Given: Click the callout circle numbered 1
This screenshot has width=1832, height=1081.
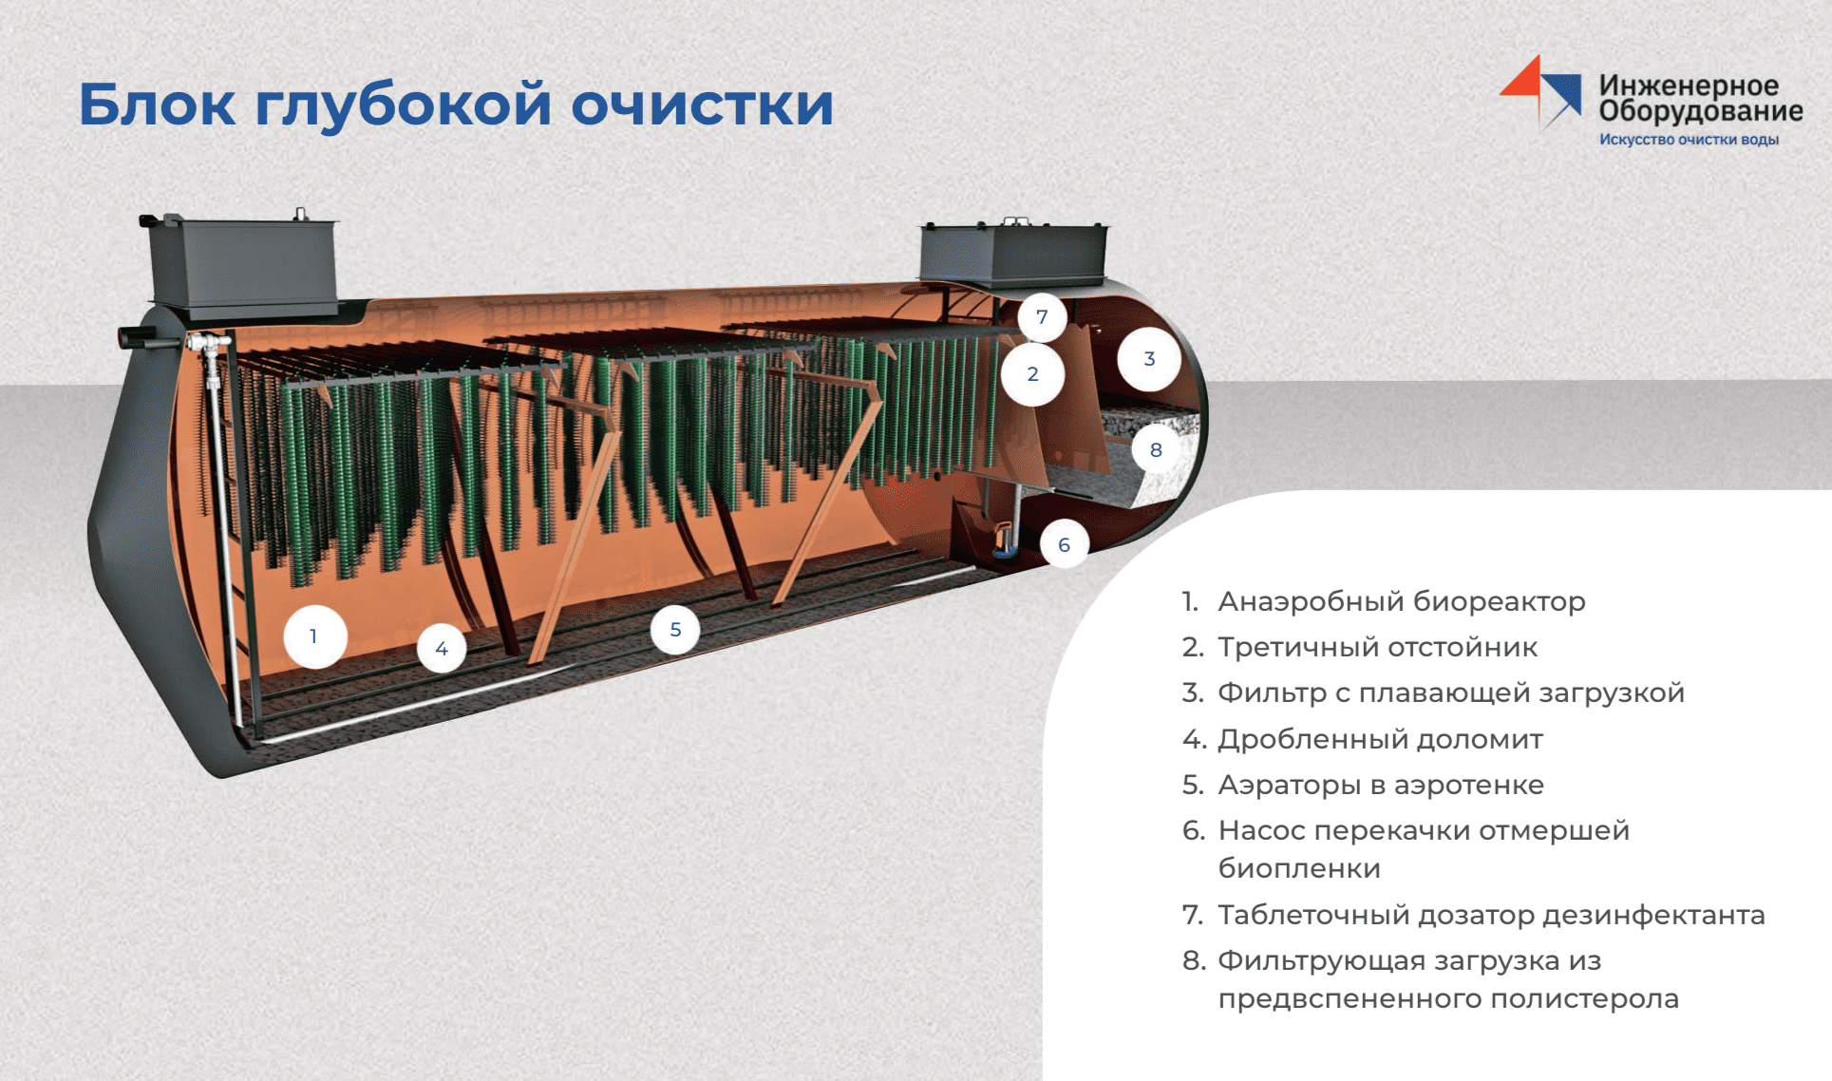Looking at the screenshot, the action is tap(314, 636).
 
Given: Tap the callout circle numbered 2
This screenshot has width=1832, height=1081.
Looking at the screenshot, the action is tap(1032, 374).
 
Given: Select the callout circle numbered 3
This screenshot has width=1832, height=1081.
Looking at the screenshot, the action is tap(1149, 359).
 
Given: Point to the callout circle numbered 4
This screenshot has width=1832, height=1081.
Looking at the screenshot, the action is tap(442, 649).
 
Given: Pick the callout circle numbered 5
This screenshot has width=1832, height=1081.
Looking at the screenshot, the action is tap(675, 630).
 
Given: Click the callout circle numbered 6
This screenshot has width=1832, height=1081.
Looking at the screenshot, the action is tap(1064, 545).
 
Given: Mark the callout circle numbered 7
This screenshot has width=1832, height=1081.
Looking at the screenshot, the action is tap(1042, 317).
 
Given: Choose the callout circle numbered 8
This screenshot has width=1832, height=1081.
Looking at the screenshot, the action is tap(1156, 450).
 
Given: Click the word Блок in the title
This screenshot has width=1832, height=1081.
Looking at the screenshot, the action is tap(157, 104).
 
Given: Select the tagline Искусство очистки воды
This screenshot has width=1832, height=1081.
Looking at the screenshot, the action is tap(1689, 140).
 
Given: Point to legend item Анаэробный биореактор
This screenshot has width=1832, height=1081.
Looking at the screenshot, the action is tap(1402, 601).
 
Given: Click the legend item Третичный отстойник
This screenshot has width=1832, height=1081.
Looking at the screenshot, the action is tap(1377, 647).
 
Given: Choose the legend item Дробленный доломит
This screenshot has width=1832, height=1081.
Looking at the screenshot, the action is tap(1380, 739).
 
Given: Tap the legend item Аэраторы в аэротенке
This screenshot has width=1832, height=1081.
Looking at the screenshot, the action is tap(1381, 785).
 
